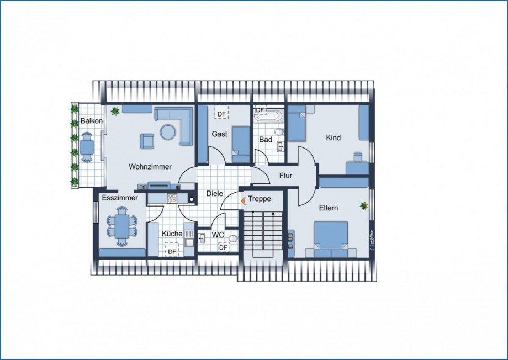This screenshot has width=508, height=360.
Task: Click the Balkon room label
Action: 92,121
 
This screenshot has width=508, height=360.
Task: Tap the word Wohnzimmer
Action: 150,167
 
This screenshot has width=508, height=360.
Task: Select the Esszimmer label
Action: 120,198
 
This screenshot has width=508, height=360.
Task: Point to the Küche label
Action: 172,234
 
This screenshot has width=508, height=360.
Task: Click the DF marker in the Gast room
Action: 221,114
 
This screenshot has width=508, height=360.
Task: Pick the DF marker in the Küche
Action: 172,251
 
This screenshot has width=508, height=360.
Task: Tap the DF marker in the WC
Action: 223,247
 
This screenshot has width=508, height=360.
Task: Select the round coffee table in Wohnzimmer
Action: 168,132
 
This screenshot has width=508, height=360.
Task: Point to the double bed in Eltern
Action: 331,239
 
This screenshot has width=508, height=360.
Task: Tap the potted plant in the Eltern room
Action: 364,206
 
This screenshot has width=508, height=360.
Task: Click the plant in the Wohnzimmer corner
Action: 115,111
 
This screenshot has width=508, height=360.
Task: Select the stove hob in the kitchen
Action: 172,198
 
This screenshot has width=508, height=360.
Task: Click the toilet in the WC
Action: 232,239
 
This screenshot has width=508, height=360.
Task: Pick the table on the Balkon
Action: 87,147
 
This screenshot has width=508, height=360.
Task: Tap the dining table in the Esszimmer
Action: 122,227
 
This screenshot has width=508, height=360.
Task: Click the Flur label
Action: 286,176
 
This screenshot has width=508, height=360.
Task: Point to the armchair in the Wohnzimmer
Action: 147,141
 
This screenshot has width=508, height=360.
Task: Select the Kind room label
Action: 334,137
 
